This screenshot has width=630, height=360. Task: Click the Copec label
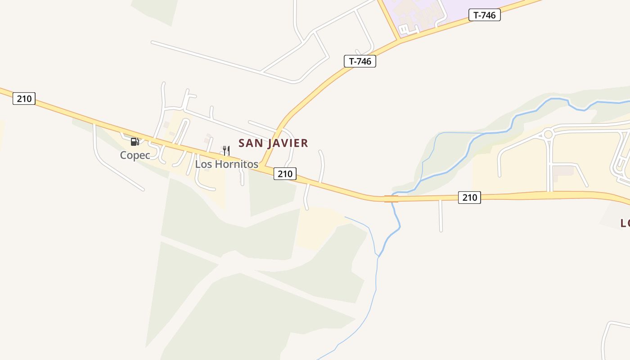click(x=135, y=155)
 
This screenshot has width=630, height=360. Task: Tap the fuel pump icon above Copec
click(x=135, y=142)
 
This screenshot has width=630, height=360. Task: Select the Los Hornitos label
click(x=226, y=164)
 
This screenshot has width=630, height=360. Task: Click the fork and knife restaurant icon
click(x=226, y=150)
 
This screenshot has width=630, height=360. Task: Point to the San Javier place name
click(x=273, y=143)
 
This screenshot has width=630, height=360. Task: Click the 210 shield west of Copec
click(x=24, y=98)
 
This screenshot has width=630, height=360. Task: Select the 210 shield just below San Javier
click(x=285, y=174)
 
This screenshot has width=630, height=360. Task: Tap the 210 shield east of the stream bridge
click(x=469, y=197)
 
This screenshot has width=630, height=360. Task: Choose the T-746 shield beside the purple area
click(x=484, y=15)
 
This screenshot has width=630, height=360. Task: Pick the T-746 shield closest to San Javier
click(x=360, y=61)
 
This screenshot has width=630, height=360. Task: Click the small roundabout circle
click(x=548, y=134)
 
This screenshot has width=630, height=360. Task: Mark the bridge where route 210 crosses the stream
click(x=391, y=198)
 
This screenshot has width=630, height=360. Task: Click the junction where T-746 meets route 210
click(x=261, y=166)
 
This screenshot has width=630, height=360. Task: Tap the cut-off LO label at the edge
click(x=625, y=223)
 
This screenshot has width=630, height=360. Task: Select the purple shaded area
click(x=418, y=13)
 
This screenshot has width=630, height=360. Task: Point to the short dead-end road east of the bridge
click(x=441, y=216)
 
